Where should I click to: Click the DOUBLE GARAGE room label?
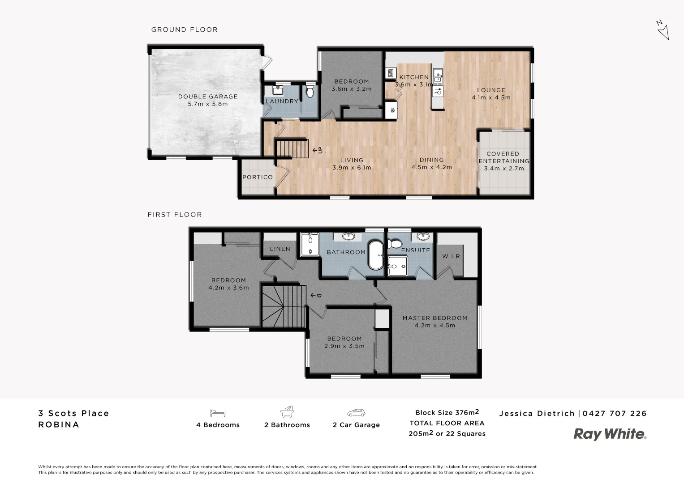[208, 97]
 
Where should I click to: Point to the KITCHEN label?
[414, 77]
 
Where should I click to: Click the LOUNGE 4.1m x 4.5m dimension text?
[491, 97]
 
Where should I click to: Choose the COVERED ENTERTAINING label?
[503, 157]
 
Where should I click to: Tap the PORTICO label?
[258, 177]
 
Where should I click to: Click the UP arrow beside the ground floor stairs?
[318, 150]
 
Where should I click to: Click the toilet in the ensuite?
[395, 244]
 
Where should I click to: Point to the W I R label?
[451, 256]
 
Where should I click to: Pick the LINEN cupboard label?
[280, 249]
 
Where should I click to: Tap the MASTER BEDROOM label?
[434, 318]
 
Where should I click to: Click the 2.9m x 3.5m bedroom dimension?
[344, 346]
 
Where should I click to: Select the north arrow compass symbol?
[662, 30]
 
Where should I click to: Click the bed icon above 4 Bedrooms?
[218, 412]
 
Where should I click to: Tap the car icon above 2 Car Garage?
[356, 412]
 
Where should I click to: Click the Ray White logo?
[610, 434]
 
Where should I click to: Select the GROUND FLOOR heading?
[185, 30]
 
